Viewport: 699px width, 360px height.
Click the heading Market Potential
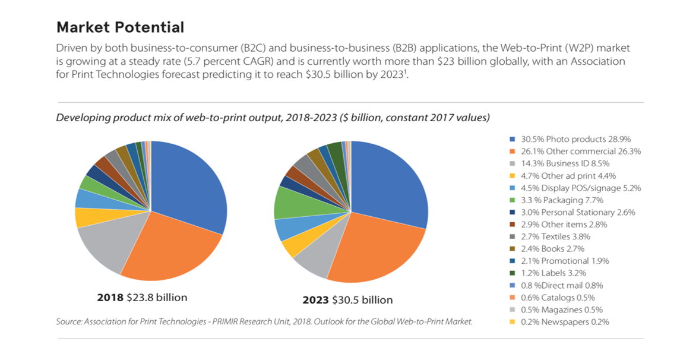point(120,27)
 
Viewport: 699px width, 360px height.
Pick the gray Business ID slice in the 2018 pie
point(104,247)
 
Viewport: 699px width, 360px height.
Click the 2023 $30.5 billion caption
point(347,299)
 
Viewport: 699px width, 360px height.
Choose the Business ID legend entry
point(565,163)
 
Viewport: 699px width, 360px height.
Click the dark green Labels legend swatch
point(512,273)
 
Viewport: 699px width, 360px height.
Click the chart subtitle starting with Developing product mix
point(273,118)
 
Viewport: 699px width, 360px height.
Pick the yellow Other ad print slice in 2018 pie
point(85,218)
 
